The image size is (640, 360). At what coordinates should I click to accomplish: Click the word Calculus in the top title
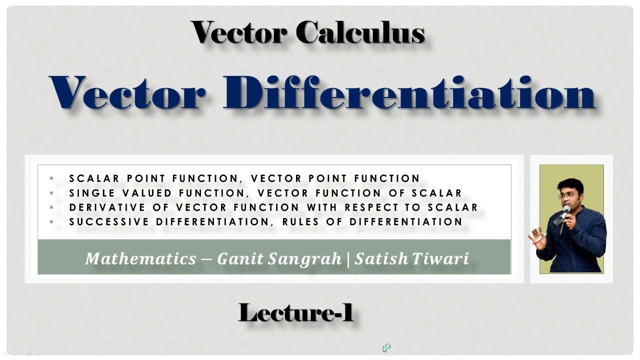[x=360, y=32]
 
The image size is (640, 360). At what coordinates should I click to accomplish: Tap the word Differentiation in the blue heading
[x=409, y=93]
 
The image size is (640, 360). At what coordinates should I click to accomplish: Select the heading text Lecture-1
[x=296, y=313]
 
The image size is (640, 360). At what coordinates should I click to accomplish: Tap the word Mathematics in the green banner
[x=140, y=258]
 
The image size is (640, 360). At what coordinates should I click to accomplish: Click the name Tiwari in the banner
[x=442, y=258]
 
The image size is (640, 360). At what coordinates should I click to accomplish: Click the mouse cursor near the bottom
[x=385, y=348]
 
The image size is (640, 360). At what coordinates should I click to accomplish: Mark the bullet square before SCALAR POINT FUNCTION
[x=51, y=178]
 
